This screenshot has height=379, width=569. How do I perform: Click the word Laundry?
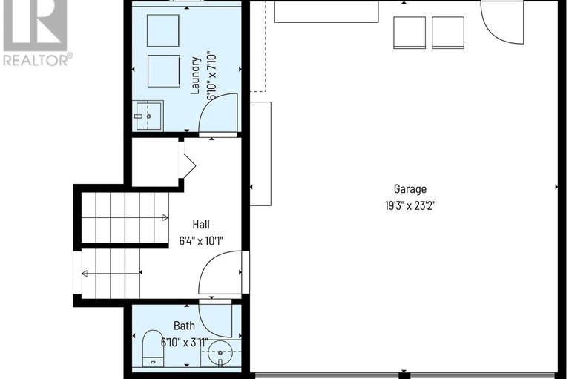click(x=196, y=75)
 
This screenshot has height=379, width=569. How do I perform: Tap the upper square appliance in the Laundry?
click(x=163, y=30)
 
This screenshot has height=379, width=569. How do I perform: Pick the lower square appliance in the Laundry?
click(x=163, y=70)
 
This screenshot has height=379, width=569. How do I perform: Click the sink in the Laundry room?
click(x=148, y=116)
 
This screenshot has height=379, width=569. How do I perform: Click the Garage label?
click(x=410, y=189)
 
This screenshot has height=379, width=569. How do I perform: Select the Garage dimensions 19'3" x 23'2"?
click(x=410, y=205)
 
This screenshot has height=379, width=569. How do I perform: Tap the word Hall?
click(x=201, y=224)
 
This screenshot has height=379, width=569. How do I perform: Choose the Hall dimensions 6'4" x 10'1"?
click(x=201, y=240)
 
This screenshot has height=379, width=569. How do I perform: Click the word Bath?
click(x=184, y=326)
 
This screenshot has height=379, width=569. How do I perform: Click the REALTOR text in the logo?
click(x=37, y=60)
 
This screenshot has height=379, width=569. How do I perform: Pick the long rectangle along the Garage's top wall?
click(x=326, y=12)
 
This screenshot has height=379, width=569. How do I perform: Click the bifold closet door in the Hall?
click(x=186, y=163)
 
